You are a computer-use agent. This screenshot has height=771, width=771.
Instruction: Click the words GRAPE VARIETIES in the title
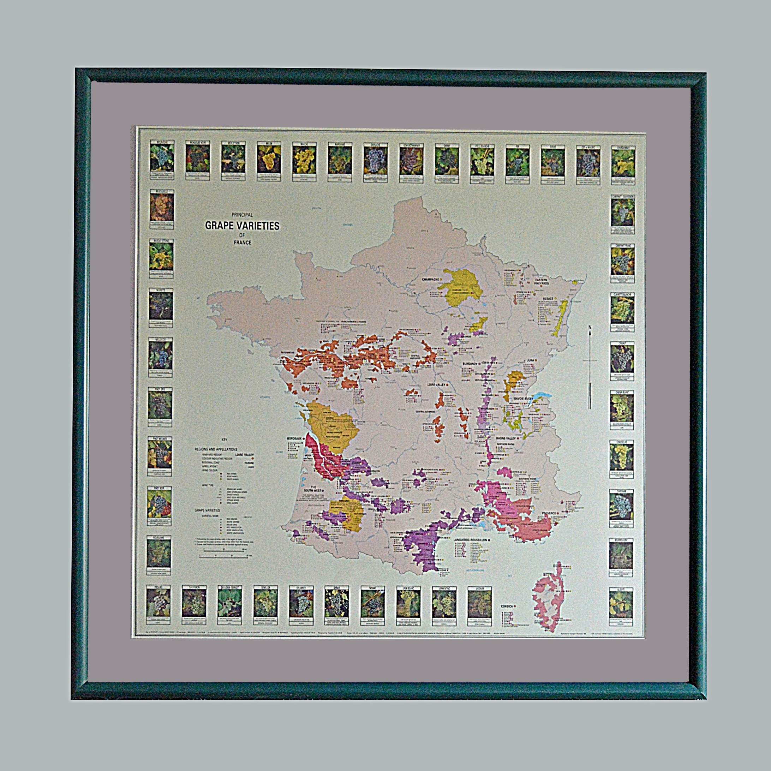tap(242, 226)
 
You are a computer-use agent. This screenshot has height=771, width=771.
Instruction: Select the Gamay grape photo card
tap(447, 162)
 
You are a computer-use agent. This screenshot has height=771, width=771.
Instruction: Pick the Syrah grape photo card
tap(337, 605)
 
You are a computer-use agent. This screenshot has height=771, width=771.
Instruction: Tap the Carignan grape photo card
tap(621, 508)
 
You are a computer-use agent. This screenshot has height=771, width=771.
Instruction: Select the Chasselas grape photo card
tap(621, 459)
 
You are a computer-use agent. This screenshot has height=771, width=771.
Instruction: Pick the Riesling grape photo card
tap(159, 605)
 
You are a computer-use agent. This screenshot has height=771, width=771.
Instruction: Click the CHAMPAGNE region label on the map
tap(431, 279)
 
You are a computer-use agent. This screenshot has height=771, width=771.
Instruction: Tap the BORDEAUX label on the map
tap(295, 438)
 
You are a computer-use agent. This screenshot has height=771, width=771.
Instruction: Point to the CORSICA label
tap(507, 606)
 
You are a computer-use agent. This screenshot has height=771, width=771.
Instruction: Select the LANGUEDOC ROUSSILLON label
tap(470, 539)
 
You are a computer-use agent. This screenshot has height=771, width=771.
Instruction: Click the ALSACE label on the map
tap(548, 299)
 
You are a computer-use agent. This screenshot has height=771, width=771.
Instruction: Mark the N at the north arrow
tap(590, 328)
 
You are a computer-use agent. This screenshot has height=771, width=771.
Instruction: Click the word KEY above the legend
tap(224, 440)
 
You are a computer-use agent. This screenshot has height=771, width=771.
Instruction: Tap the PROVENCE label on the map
tap(549, 513)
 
